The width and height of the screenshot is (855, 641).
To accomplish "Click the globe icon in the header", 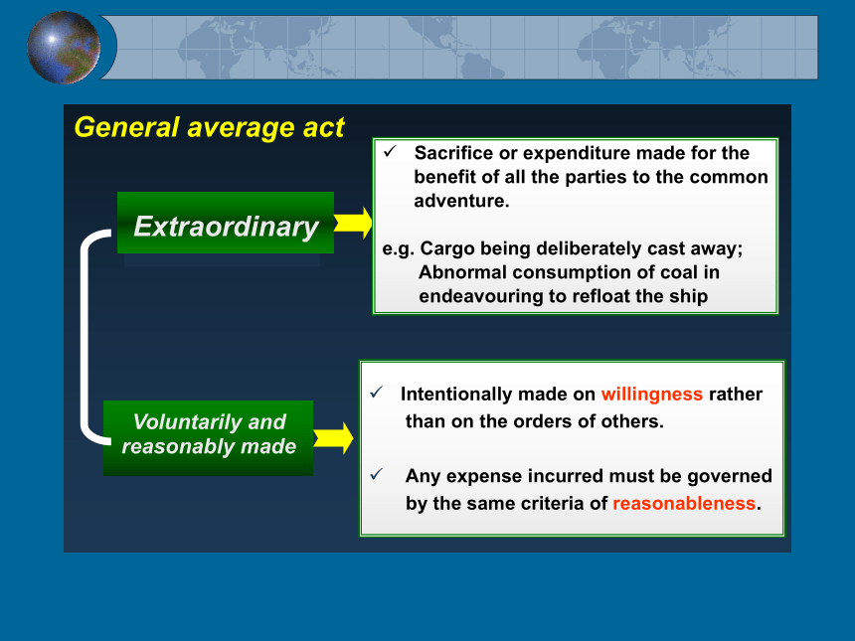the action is pyautogui.click(x=64, y=48).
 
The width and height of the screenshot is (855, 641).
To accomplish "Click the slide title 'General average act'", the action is pyautogui.click(x=209, y=127).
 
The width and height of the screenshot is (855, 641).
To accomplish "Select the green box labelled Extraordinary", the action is pyautogui.click(x=226, y=223).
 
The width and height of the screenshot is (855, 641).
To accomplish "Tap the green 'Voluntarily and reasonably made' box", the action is pyautogui.click(x=209, y=438).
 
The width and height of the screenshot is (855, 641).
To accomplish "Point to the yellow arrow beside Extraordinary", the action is pyautogui.click(x=353, y=223).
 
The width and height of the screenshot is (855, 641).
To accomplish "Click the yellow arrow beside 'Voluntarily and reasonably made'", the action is pyautogui.click(x=333, y=438).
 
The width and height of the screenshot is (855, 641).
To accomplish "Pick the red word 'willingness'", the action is pyautogui.click(x=651, y=395).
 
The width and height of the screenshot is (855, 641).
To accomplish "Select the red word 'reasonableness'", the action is pyautogui.click(x=684, y=503).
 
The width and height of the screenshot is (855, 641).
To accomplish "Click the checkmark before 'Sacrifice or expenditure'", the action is pyautogui.click(x=390, y=151).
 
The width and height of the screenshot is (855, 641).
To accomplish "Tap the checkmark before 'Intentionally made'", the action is pyautogui.click(x=376, y=393).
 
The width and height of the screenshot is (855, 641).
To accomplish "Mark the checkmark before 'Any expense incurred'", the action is pyautogui.click(x=376, y=474).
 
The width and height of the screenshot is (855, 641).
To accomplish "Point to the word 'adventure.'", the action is pyautogui.click(x=461, y=201).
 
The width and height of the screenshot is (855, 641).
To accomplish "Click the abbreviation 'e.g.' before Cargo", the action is pyautogui.click(x=399, y=249).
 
